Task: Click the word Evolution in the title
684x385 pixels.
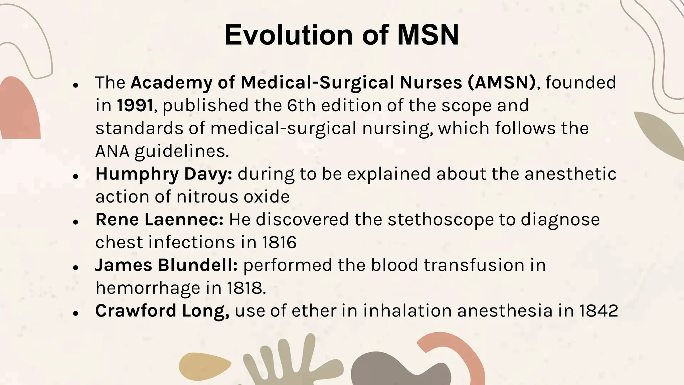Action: pyautogui.click(x=289, y=35)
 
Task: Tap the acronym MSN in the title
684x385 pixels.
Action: pyautogui.click(x=428, y=35)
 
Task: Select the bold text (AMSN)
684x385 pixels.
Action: pyautogui.click(x=502, y=83)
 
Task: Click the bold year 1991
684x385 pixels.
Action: pyautogui.click(x=135, y=106)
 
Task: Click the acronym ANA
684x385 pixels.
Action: pyautogui.click(x=112, y=151)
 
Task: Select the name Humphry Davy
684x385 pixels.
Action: pyautogui.click(x=163, y=174)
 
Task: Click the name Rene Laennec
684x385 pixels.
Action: pyautogui.click(x=159, y=220)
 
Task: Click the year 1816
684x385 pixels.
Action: pyautogui.click(x=279, y=242)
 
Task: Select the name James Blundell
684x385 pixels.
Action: pyautogui.click(x=166, y=265)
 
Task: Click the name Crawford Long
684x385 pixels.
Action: pyautogui.click(x=162, y=311)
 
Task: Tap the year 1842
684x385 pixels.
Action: pyautogui.click(x=598, y=311)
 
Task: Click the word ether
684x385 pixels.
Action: pyautogui.click(x=314, y=311)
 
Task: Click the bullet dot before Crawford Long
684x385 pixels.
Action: pyautogui.click(x=76, y=313)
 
